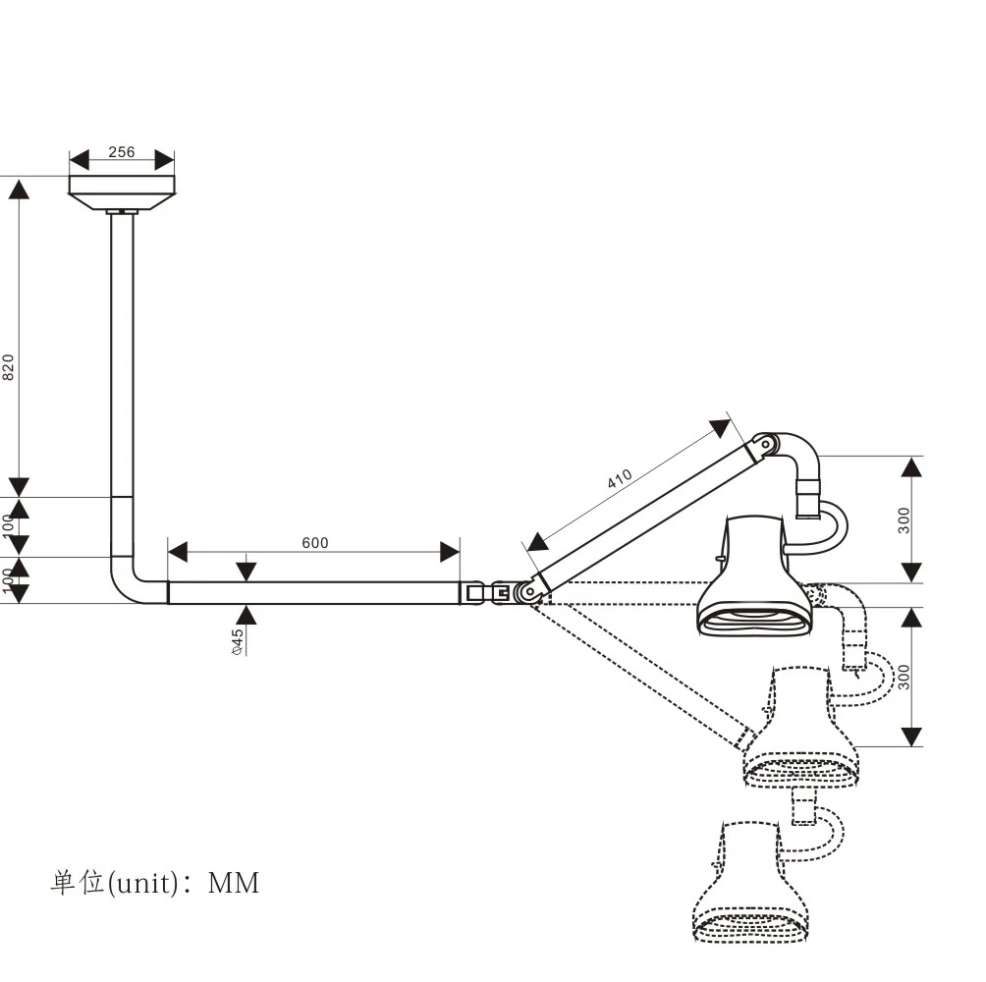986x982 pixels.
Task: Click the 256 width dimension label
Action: (x=122, y=152)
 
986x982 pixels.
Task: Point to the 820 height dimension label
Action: (x=9, y=366)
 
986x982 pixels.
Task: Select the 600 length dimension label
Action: (x=315, y=543)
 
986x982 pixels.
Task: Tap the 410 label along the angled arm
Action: (x=620, y=480)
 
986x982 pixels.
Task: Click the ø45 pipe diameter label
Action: (x=238, y=641)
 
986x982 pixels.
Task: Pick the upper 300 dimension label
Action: (x=904, y=518)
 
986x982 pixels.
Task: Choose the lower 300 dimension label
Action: (x=904, y=676)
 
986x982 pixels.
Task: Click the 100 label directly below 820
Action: (x=9, y=522)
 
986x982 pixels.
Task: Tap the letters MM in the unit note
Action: (x=234, y=884)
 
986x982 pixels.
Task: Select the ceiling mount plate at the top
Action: (x=122, y=191)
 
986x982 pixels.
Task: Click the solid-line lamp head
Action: (x=754, y=579)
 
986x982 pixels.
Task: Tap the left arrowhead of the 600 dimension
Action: (x=178, y=552)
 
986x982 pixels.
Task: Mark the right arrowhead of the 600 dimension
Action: (x=450, y=552)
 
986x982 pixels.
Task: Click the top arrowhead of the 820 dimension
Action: (x=19, y=188)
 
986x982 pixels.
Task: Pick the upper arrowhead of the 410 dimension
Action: (x=721, y=428)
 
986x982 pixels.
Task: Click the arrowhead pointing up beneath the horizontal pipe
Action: (x=246, y=615)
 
